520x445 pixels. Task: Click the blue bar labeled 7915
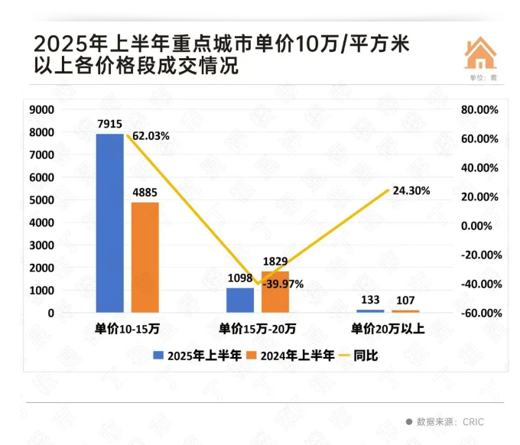tap(110, 222)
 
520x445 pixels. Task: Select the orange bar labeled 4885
tap(145, 257)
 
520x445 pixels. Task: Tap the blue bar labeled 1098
tap(240, 300)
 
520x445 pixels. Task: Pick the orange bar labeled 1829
tap(275, 291)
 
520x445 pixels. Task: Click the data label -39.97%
tap(282, 284)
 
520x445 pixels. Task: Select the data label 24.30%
tap(411, 190)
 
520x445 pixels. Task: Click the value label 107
tap(406, 300)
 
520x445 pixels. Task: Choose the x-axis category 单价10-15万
tap(127, 330)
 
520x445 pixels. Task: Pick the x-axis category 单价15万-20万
tap(257, 330)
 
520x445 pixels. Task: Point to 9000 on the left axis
tap(41, 110)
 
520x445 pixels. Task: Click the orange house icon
tap(481, 54)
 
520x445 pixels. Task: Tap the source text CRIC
tap(472, 421)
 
